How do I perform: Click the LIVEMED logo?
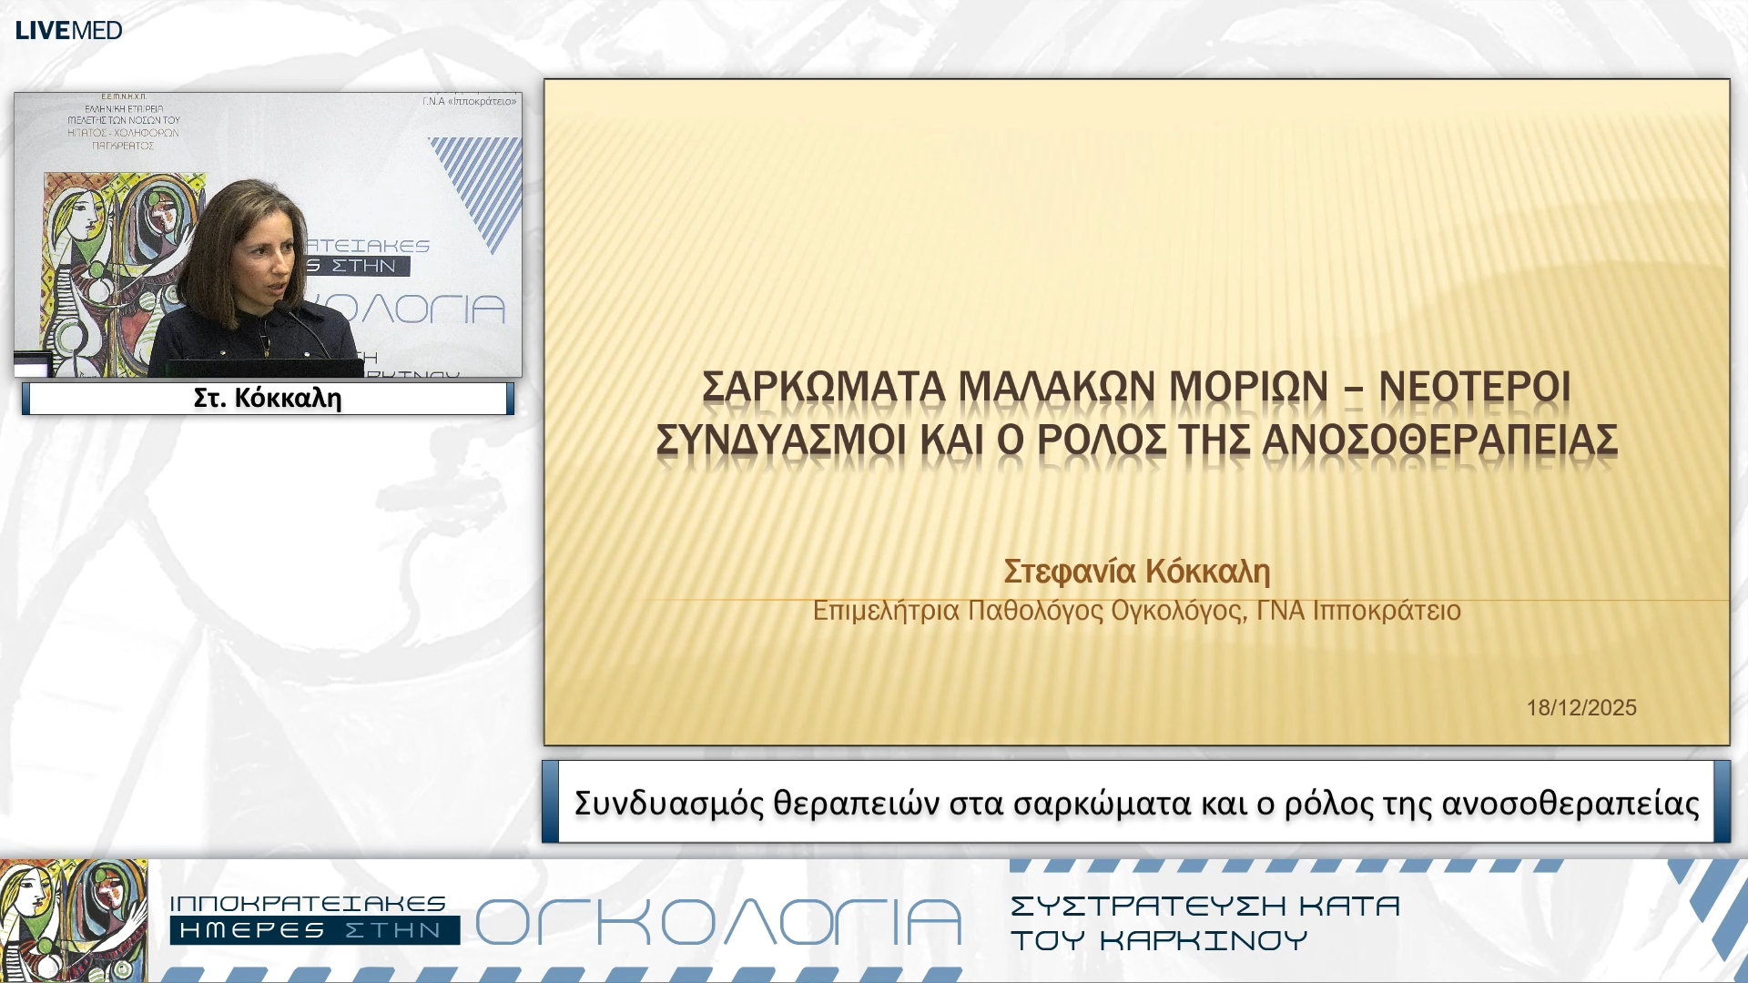[x=68, y=30]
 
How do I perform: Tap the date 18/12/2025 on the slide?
[x=1581, y=707]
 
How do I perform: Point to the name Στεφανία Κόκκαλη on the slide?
[x=1136, y=572]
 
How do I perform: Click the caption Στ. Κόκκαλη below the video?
[x=268, y=398]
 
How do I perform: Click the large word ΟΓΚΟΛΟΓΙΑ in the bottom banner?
[x=718, y=923]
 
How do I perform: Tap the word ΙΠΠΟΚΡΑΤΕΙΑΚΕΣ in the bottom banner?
[x=308, y=904]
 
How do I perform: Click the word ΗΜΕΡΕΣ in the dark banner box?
[x=252, y=930]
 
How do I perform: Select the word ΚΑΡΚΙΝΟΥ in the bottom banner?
[x=1204, y=940]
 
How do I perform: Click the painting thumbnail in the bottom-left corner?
[x=73, y=920]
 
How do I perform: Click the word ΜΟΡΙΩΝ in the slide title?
[x=1248, y=387]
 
